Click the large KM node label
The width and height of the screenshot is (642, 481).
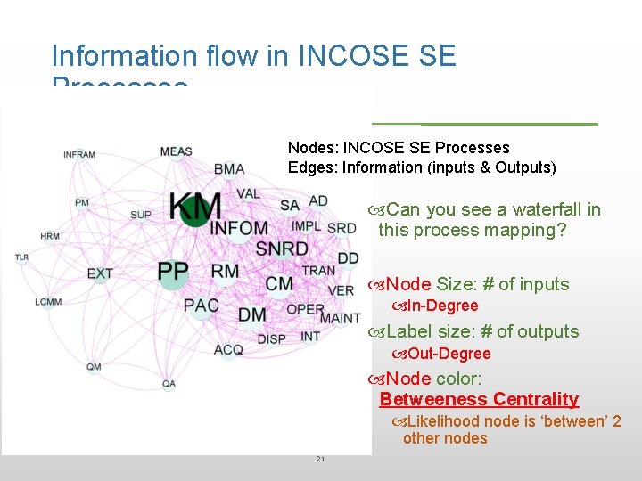195,207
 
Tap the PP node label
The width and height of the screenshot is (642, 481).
172,272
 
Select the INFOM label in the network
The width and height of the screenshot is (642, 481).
239,228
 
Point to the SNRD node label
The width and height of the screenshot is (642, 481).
281,249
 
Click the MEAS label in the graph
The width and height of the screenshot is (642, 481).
176,151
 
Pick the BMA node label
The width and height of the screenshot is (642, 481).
229,168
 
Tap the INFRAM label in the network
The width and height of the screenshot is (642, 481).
79,155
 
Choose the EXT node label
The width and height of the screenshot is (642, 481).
100,273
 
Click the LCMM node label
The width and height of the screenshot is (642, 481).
48,302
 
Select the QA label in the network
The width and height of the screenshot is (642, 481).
169,384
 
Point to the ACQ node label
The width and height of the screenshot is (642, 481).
228,350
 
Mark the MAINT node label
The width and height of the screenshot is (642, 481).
340,318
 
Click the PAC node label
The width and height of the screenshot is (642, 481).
201,306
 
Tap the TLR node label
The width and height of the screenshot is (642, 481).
21,257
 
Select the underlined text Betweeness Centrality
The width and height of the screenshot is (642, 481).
479,400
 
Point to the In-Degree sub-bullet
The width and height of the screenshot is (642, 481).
441,306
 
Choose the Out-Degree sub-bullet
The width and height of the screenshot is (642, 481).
449,355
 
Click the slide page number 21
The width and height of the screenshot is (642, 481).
319,460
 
